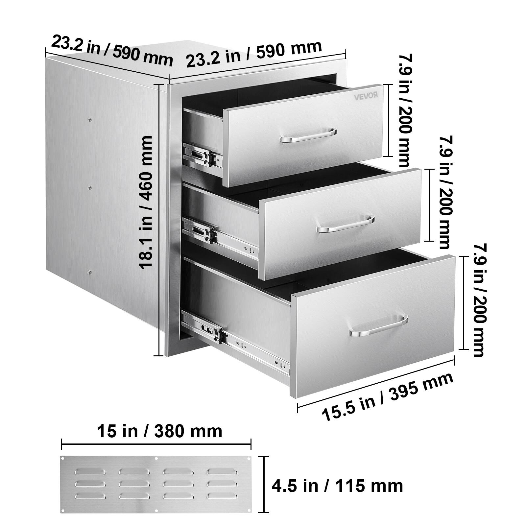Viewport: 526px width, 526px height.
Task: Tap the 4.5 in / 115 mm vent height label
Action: coord(337,485)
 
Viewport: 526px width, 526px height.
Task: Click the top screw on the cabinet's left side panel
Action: coord(90,120)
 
